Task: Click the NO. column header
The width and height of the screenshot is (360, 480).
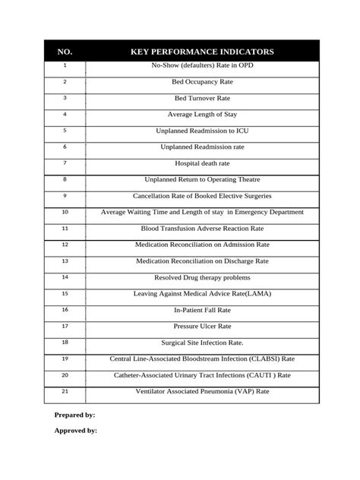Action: click(x=65, y=52)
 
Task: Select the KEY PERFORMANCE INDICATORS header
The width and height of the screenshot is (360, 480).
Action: click(x=202, y=52)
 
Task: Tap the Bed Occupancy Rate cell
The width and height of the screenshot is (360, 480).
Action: click(x=202, y=82)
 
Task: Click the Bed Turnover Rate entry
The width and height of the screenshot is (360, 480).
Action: click(x=202, y=98)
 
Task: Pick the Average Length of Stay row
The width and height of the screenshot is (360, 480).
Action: click(x=202, y=115)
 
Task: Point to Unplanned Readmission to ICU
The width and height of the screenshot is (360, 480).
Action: click(x=202, y=131)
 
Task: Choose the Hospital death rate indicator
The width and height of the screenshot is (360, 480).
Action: click(x=202, y=163)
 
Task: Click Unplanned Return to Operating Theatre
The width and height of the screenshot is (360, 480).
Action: click(x=202, y=180)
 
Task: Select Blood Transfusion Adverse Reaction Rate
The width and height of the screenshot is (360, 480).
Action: click(x=202, y=229)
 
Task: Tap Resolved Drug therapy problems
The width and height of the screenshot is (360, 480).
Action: click(x=202, y=278)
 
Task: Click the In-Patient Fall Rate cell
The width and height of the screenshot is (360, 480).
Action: click(x=202, y=310)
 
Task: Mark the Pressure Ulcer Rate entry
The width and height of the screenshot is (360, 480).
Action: click(x=202, y=326)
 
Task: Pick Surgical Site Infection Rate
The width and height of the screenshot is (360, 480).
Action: click(x=202, y=343)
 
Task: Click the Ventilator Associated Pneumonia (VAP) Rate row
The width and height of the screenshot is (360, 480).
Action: click(x=202, y=391)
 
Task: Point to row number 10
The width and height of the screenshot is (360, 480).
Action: click(x=65, y=212)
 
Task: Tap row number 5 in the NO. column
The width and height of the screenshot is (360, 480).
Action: click(x=65, y=130)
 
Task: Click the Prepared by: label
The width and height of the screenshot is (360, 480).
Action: click(x=74, y=415)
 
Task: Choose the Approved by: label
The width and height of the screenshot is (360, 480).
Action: click(x=75, y=431)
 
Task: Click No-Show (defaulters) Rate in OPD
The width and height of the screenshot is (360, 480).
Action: click(x=202, y=66)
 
